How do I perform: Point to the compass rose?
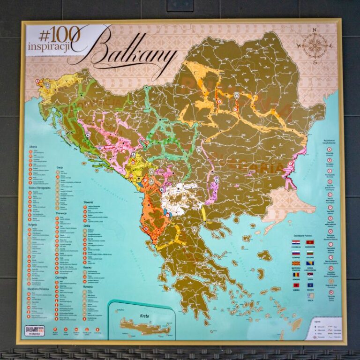[x=314, y=45]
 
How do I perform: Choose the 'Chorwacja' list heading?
[x=61, y=213]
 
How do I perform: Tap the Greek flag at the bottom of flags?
[x=310, y=296]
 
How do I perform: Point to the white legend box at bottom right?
[x=325, y=328]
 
